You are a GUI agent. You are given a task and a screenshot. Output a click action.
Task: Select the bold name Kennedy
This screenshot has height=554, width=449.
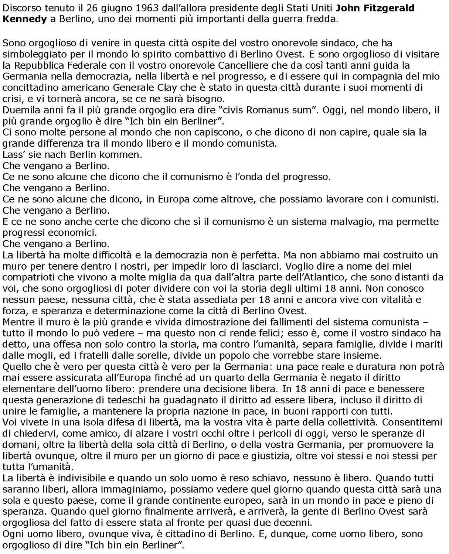24,19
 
